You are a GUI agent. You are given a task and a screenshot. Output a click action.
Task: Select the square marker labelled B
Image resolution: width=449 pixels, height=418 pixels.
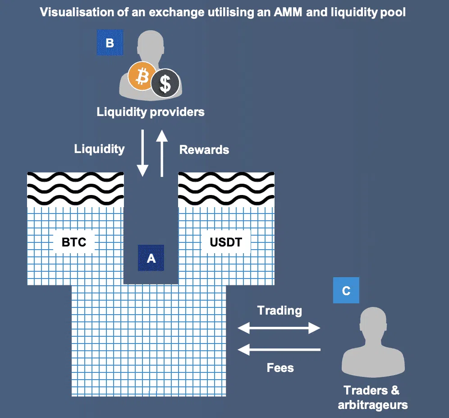[x=110, y=43]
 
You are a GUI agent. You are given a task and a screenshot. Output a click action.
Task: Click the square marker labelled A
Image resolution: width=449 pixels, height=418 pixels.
[x=151, y=258]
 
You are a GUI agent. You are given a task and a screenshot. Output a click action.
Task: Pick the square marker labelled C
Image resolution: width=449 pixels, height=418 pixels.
[x=346, y=290]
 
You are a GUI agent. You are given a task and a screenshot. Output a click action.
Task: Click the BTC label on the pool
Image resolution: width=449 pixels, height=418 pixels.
[x=74, y=242]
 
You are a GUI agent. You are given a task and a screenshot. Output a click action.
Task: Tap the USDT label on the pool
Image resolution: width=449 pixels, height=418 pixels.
[x=225, y=242]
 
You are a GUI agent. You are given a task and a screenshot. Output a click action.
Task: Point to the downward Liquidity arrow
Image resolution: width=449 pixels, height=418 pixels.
[x=142, y=153]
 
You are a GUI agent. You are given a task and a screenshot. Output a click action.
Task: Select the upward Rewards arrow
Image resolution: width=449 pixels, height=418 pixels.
[x=162, y=153]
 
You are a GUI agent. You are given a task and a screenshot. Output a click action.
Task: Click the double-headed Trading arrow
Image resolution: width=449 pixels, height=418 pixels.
[x=279, y=328]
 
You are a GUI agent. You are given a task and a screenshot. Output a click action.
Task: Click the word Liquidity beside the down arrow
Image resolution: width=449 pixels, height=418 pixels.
[x=99, y=149]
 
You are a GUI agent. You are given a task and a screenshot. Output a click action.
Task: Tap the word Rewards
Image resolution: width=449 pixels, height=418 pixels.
[x=204, y=149]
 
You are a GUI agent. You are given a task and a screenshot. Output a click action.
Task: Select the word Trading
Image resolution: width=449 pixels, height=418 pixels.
[x=279, y=311]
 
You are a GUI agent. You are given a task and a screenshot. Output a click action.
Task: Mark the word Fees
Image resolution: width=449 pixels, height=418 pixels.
[x=280, y=368]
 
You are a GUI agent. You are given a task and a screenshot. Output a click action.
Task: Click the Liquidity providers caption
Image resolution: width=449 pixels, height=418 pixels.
[x=151, y=112]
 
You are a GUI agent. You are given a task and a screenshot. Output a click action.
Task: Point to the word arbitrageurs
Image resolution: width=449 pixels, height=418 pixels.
[x=373, y=404]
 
